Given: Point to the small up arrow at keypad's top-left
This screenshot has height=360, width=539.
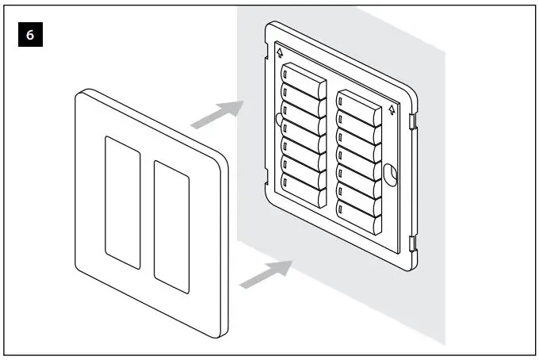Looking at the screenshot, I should point(280,54).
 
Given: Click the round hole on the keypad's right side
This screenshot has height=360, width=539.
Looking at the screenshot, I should point(389,173).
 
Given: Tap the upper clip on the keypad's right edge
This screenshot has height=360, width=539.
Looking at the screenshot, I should point(413,121).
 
